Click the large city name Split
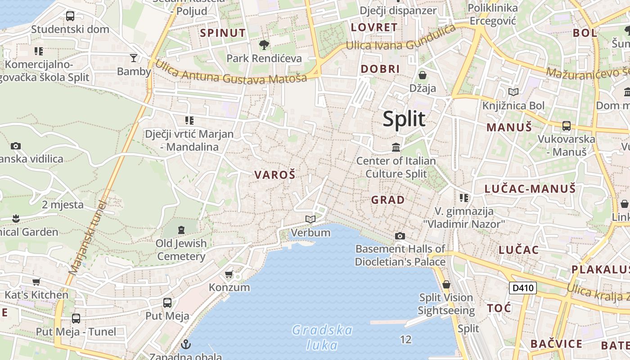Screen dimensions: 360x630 coord(404,119)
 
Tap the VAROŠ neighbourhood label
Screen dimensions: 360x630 coord(275,175)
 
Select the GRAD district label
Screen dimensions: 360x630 coord(387,200)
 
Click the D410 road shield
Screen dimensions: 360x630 coord(523,288)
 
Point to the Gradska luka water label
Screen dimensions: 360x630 coord(322,337)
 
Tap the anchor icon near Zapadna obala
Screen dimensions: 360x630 coord(185,345)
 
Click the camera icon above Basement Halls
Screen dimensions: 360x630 coord(400,236)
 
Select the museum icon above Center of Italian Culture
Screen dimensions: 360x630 coord(396,147)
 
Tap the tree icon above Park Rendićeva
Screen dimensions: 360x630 coord(264,45)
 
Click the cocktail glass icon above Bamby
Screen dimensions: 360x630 coord(134,58)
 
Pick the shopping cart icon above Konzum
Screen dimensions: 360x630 coord(229,274)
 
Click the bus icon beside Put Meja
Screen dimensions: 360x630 coord(167,302)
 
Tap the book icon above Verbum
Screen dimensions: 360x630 coord(310,219)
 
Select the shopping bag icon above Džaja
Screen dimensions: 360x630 coord(422,75)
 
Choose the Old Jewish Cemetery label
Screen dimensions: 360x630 coord(181,250)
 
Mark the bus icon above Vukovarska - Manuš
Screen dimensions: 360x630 coord(567,126)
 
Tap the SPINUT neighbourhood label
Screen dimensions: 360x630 coord(223,33)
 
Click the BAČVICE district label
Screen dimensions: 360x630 coord(556,344)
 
